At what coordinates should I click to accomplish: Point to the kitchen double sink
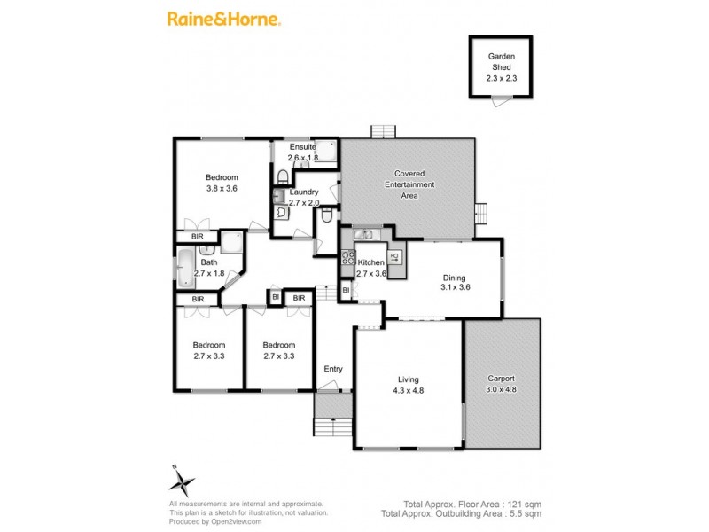click(365, 234)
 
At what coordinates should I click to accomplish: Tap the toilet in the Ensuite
click(282, 175)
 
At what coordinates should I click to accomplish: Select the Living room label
click(409, 379)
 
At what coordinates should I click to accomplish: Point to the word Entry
click(333, 369)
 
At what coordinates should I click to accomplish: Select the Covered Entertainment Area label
click(409, 184)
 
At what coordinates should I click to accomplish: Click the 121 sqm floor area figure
click(525, 504)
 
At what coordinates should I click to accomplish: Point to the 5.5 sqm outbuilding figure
click(523, 513)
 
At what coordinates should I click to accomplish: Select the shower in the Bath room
click(232, 243)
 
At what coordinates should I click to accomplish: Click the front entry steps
click(333, 426)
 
